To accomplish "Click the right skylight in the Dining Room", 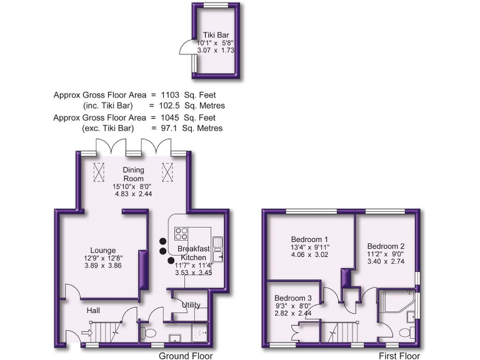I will pos(167,171).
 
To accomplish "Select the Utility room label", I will pos(190,304).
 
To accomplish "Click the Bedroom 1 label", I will pos(309,239).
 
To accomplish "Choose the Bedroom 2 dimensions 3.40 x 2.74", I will pos(385,263).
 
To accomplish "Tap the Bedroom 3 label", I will pos(292,297).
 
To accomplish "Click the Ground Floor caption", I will pos(186,356).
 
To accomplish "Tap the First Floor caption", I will pos(399,356).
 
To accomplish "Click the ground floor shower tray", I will pos(197,332).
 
